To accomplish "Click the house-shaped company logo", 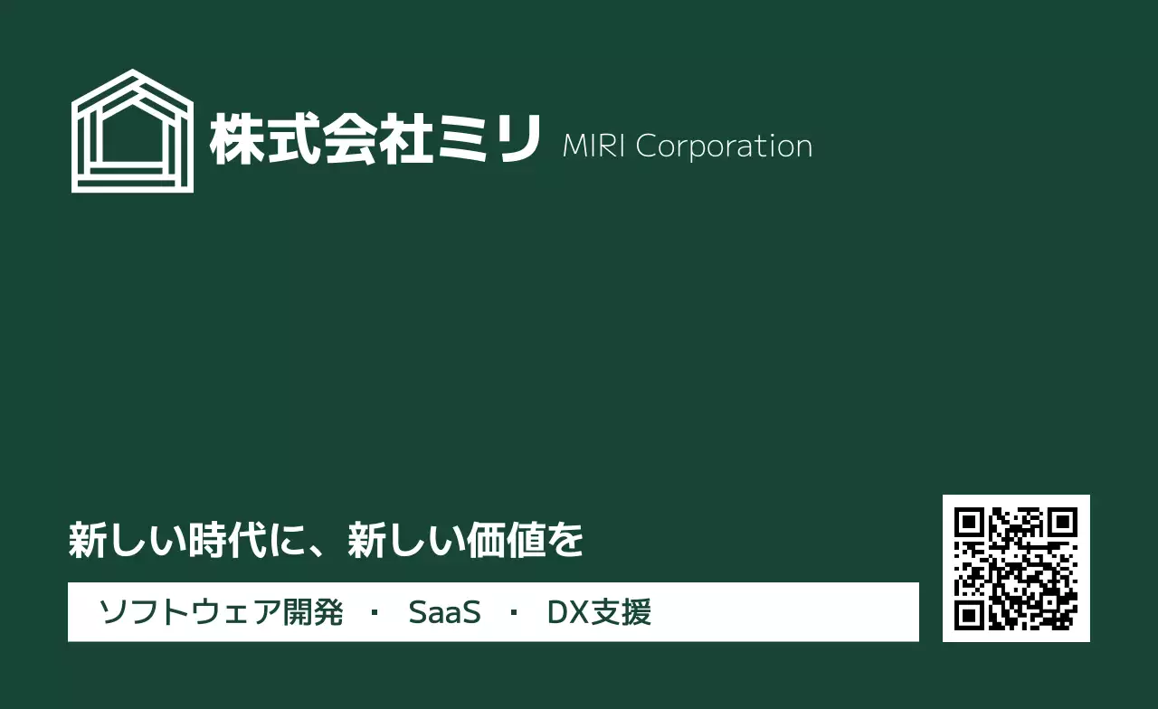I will pos(132,131).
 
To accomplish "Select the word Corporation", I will pos(724,147).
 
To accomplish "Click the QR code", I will pos(1016,568).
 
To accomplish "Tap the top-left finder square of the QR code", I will pos(969,522).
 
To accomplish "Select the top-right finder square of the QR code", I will pos(1063,522).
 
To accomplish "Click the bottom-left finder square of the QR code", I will pos(969,615).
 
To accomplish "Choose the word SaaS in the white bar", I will pos(444,612).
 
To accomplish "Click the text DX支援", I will pos(599,612).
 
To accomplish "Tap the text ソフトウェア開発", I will pos(221,612).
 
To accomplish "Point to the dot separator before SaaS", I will pos(375,612).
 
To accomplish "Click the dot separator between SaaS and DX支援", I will pos(514,612).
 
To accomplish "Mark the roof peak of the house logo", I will pos(132,72).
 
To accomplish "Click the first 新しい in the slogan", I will pos(120,541).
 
